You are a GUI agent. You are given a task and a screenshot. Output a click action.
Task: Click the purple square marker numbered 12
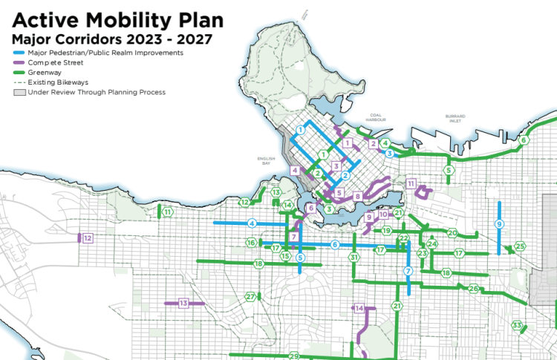[88, 238]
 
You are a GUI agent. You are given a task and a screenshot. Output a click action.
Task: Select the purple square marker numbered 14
[359, 308]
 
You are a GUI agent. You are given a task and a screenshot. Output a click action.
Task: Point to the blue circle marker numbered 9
[500, 223]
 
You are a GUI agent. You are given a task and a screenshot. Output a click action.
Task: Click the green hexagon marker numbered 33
[516, 324]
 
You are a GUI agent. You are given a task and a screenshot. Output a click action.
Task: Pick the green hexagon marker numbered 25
[520, 246]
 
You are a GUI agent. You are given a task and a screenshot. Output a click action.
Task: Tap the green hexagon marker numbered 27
[251, 297]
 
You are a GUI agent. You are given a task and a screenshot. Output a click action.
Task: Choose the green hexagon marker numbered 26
[474, 288]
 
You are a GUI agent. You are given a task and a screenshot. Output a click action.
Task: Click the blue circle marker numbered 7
[408, 272]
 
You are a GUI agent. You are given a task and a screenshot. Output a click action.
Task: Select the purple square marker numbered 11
[411, 183]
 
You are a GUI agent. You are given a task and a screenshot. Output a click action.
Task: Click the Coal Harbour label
[374, 118]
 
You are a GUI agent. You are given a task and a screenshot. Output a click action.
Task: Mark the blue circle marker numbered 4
[253, 223]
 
